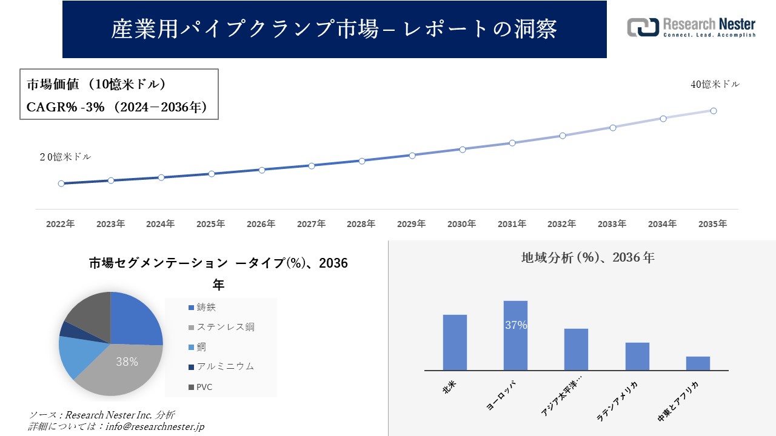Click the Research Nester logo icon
[643, 27]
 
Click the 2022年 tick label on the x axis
[61, 224]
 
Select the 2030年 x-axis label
[461, 224]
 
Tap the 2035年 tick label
[712, 224]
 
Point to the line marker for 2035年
[714, 111]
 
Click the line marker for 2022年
[61, 183]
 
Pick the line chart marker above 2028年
[362, 161]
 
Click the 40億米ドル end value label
[715, 85]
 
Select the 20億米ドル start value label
[65, 157]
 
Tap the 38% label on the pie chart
[127, 362]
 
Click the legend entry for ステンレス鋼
[221, 327]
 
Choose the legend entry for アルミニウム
[221, 366]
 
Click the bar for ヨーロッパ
[515, 335]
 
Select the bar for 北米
[455, 342]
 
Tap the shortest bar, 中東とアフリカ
[698, 363]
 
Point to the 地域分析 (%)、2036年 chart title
[587, 257]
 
